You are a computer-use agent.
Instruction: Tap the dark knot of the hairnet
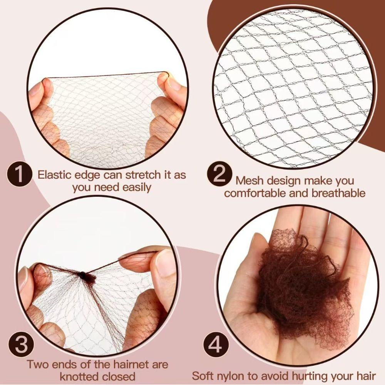82,275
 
